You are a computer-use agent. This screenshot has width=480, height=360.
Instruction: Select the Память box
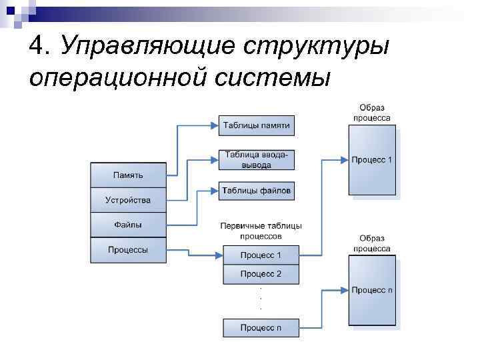[x=128, y=175]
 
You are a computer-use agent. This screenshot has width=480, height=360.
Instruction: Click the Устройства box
[x=128, y=200]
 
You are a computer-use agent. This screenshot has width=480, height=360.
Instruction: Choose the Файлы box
[x=128, y=225]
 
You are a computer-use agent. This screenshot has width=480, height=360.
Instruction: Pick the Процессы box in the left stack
[x=128, y=250]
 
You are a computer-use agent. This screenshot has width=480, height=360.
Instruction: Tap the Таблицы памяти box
[x=257, y=125]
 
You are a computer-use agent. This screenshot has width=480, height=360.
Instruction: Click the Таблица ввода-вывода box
[x=257, y=160]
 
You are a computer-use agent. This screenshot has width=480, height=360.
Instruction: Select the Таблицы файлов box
[x=257, y=190]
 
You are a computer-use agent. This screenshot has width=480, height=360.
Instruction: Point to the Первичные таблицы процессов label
[x=261, y=231]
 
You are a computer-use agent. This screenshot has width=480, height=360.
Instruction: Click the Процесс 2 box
[x=261, y=274]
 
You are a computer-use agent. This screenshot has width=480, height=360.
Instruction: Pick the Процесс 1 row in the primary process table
[x=261, y=255]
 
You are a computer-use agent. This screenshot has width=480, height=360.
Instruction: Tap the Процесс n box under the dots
[x=261, y=328]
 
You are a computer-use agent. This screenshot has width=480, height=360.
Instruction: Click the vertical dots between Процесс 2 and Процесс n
[x=260, y=298]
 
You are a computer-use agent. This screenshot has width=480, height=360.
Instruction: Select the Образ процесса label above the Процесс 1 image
[x=372, y=113]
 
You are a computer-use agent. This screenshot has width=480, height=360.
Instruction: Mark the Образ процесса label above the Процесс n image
[x=372, y=243]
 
